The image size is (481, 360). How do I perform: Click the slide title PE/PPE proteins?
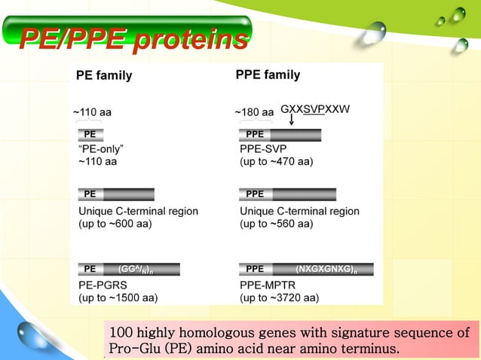point(133,38)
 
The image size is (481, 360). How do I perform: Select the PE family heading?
point(104,75)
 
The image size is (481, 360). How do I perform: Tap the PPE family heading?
point(268,75)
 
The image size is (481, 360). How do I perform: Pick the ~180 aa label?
point(254,112)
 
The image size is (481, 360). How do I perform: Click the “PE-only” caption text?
point(101,148)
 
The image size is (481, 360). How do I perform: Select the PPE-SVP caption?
point(263,148)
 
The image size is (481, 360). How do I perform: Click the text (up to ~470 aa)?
point(276,162)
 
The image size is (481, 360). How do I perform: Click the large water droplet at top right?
point(375,34)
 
